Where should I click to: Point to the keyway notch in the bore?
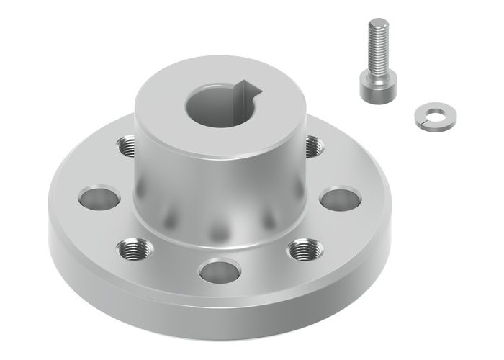[x=248, y=90]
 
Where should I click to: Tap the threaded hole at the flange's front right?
[x=306, y=250]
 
